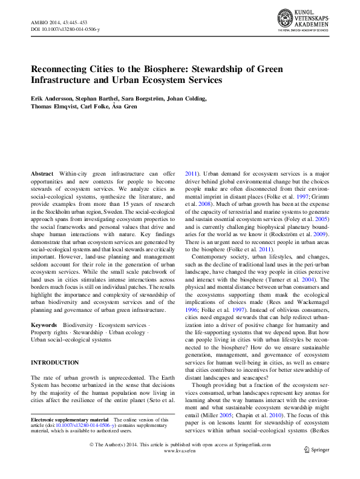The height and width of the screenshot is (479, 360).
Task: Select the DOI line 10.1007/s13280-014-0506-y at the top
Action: (65, 28)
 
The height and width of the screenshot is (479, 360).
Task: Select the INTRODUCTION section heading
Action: (54, 363)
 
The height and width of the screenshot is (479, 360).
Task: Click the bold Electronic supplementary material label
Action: (69, 420)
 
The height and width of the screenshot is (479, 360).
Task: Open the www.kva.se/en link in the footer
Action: (180, 468)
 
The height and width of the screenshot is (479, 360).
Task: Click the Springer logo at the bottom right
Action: (316, 466)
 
